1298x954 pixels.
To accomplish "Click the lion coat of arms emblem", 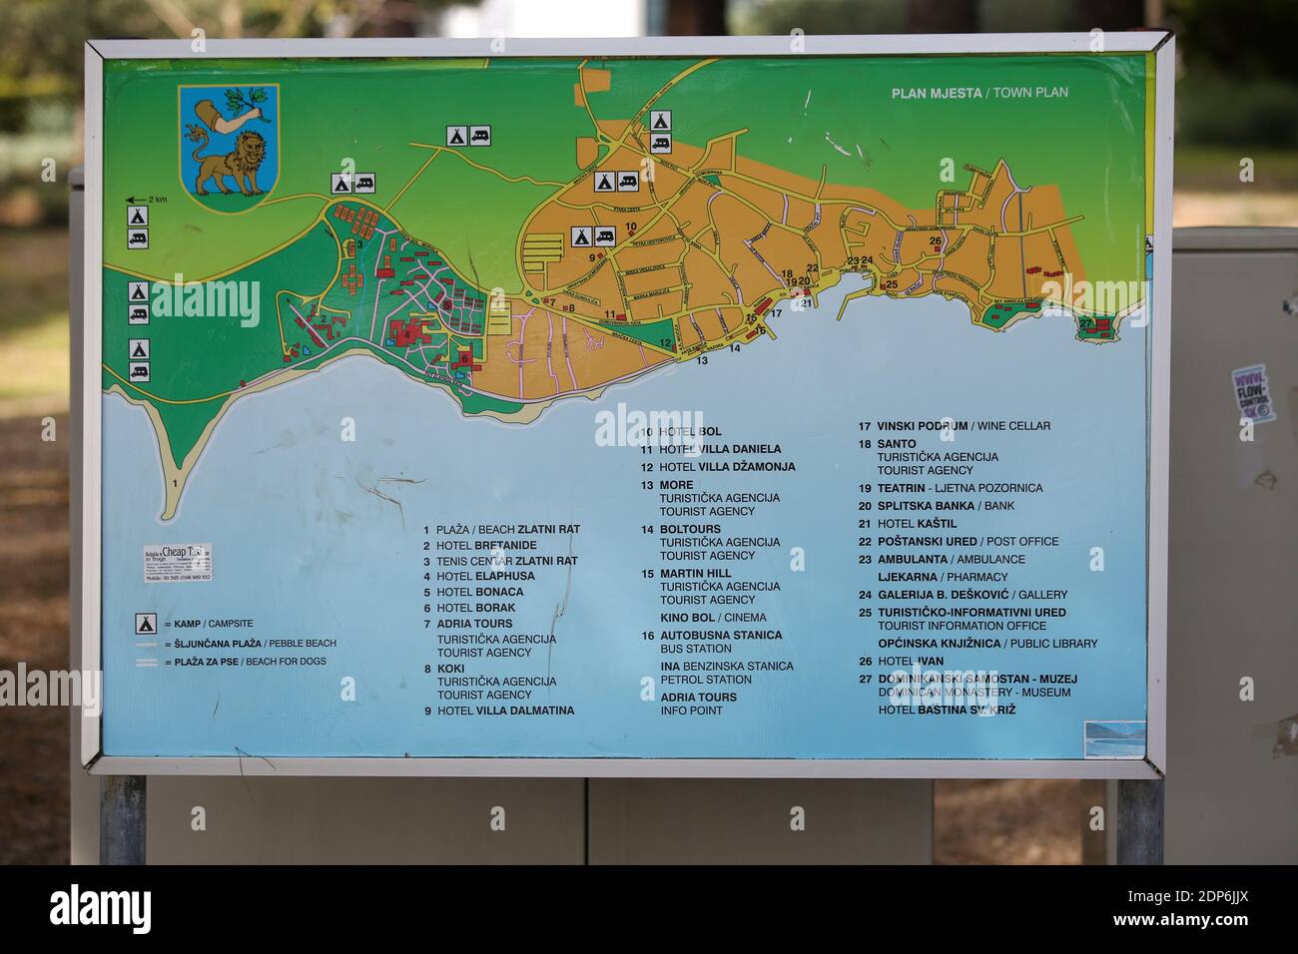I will click(229, 141).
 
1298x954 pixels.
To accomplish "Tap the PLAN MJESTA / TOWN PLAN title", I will click(978, 93).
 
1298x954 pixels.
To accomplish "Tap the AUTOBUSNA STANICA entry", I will click(720, 635).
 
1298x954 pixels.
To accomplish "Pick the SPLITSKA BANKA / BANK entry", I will click(945, 506).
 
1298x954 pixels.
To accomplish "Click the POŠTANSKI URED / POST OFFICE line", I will click(967, 541).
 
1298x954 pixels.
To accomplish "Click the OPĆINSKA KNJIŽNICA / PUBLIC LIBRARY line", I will click(986, 644).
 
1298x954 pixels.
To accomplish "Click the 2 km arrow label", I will click(147, 200).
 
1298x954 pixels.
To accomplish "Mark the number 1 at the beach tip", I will click(175, 483).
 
